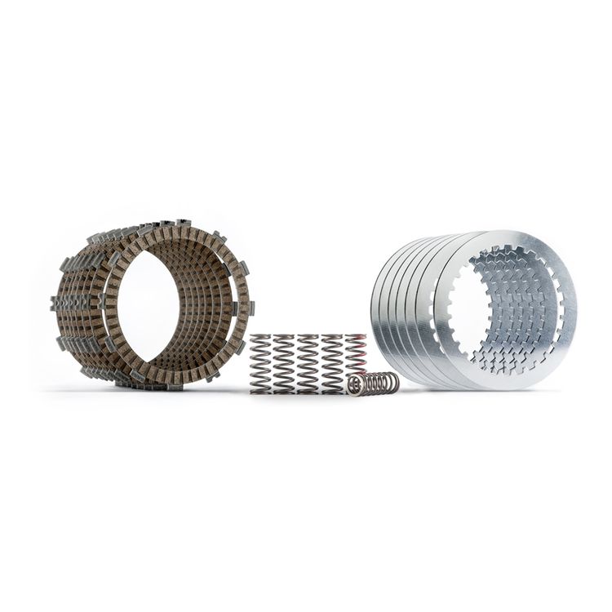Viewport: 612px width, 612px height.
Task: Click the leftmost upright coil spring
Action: pos(260,364)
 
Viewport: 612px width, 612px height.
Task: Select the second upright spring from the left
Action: pos(284,364)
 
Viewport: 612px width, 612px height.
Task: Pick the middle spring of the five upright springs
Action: pos(308,364)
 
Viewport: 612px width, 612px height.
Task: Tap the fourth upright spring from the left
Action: pos(332,364)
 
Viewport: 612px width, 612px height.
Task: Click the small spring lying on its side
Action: pos(374,384)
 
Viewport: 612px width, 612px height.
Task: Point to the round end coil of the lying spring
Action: pos(354,386)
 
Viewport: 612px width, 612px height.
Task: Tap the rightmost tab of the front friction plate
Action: pos(251,308)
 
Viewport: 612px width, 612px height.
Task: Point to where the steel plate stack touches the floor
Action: pos(490,388)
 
